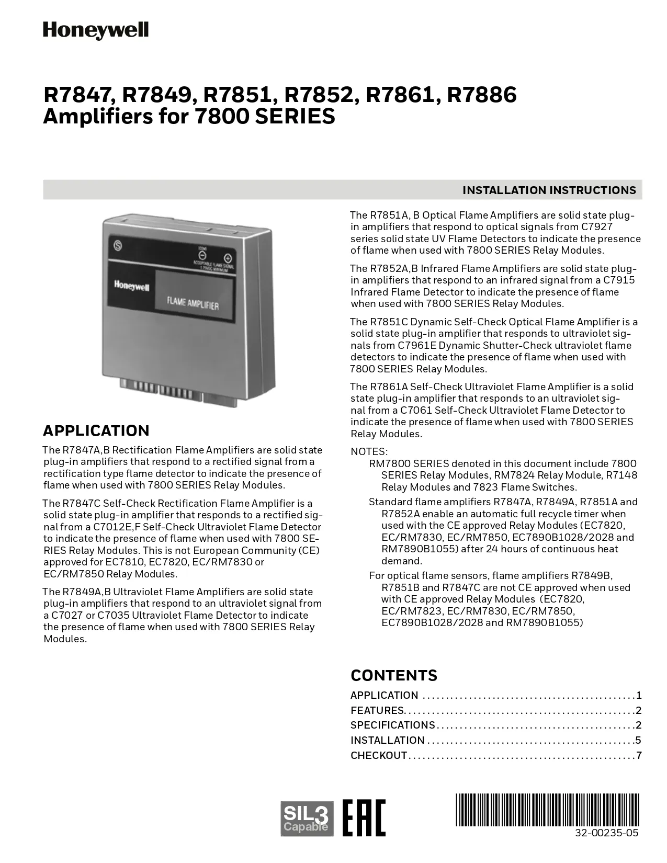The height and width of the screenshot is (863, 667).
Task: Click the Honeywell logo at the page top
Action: pyautogui.click(x=96, y=30)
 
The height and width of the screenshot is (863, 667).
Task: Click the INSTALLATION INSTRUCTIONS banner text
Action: pyautogui.click(x=549, y=190)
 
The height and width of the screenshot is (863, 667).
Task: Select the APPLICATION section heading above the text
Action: pyautogui.click(x=96, y=430)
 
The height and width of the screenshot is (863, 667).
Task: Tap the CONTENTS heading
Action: pyautogui.click(x=394, y=675)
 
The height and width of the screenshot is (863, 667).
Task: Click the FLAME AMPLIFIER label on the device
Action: pyautogui.click(x=193, y=303)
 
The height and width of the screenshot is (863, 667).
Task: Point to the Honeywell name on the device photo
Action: pyautogui.click(x=131, y=286)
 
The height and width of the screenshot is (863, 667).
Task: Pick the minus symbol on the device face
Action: pyautogui.click(x=202, y=256)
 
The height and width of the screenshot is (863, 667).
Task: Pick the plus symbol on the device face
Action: pyautogui.click(x=228, y=258)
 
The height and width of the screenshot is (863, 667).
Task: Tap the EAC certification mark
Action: pyautogui.click(x=364, y=817)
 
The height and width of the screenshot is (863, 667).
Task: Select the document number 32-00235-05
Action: pyautogui.click(x=606, y=833)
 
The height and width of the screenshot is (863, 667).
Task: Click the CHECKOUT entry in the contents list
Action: pyautogui.click(x=379, y=755)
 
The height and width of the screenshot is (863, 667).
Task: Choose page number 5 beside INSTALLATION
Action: pyautogui.click(x=638, y=740)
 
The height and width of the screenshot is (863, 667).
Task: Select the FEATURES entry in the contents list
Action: pyautogui.click(x=377, y=710)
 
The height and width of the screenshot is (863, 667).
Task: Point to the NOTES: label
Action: pyautogui.click(x=369, y=451)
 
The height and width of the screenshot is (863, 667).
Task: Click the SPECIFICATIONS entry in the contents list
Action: pyautogui.click(x=392, y=725)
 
